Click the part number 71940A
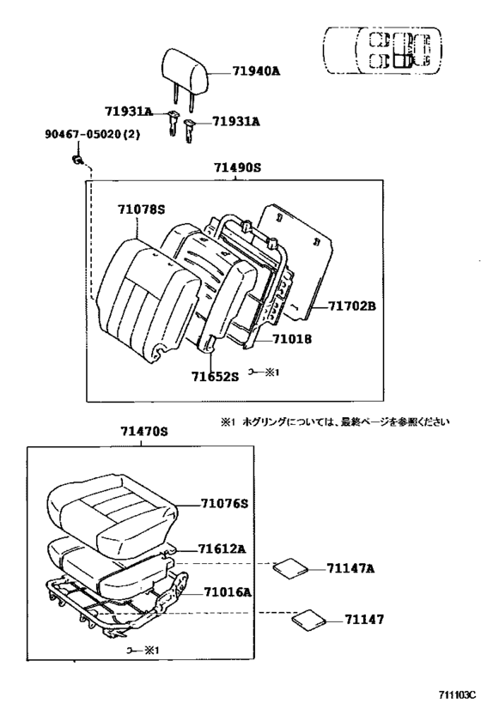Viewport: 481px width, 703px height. tap(256, 71)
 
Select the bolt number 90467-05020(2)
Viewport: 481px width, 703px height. tap(92, 134)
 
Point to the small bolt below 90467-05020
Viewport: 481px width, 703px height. tap(78, 159)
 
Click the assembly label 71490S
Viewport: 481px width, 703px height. tap(237, 167)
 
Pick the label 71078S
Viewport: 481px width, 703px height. tap(142, 209)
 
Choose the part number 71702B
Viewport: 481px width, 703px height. tap(352, 306)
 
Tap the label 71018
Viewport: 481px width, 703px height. tap(292, 338)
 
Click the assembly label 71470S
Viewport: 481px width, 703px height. tap(143, 432)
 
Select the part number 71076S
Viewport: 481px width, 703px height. tap(224, 504)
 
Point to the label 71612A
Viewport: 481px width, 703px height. tap(222, 548)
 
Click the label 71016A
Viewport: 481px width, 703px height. tap(228, 592)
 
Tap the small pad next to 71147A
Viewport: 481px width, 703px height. tap(291, 567)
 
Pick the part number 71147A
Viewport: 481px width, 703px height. tap(350, 568)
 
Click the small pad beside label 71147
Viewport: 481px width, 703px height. tap(309, 619)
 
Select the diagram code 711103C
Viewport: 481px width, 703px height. tap(456, 695)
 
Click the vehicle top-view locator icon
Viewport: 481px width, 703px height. tap(382, 50)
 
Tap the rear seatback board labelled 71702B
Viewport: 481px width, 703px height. tap(298, 262)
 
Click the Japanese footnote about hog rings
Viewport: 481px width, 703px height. tap(335, 421)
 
